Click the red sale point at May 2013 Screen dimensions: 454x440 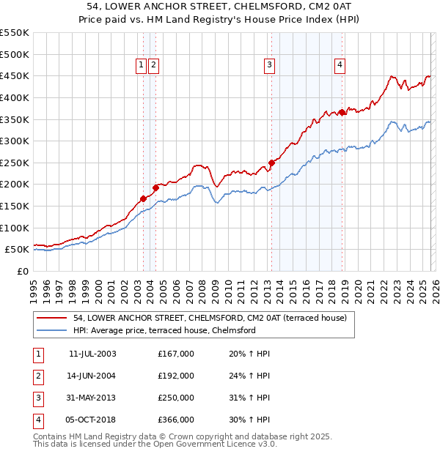[x=271, y=163]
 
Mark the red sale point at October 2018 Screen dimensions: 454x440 [x=342, y=112]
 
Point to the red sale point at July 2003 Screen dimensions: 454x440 [x=143, y=198]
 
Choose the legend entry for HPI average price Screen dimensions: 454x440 [x=164, y=331]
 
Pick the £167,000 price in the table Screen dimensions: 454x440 [x=176, y=354]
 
